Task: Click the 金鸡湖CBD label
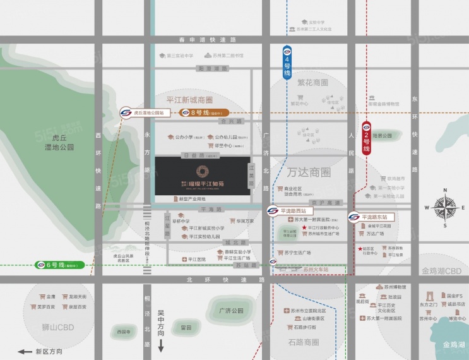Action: pyautogui.click(x=441, y=271)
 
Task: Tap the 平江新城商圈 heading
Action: pyautogui.click(x=189, y=100)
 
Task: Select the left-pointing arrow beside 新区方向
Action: pyautogui.click(x=25, y=351)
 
